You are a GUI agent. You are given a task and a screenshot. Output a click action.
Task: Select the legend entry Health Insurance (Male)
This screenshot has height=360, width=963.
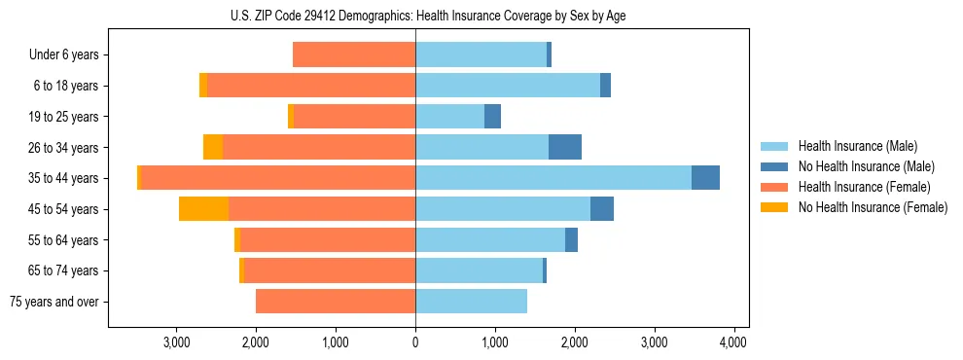pos(857,146)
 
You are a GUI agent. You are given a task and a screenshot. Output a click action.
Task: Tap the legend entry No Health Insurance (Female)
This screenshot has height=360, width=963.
pos(873,207)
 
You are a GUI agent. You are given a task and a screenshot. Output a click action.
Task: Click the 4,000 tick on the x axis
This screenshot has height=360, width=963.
pos(732,342)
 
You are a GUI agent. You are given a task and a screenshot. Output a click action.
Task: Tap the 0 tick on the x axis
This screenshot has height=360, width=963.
pos(415,342)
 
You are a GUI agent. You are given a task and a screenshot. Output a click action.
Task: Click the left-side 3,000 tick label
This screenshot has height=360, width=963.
pos(176,342)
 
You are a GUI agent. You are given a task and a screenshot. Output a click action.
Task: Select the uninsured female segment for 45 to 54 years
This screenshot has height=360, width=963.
pos(203,209)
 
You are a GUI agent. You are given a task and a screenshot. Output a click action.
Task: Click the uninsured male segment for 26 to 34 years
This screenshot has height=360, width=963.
pos(565,148)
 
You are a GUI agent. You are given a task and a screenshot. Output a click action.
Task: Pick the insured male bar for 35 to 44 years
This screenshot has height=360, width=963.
pos(553,178)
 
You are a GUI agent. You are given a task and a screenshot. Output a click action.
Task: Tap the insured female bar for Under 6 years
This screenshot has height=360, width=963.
pos(354,55)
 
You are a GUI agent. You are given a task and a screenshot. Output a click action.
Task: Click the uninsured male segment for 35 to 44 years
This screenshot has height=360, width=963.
pos(705,178)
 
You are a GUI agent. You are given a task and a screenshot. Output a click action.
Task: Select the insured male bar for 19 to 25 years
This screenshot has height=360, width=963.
pos(449,117)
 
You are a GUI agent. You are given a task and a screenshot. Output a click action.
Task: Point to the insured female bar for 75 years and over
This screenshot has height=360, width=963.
pos(336,302)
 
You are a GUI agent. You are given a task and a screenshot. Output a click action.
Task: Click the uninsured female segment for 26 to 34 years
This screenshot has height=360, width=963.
pos(213,148)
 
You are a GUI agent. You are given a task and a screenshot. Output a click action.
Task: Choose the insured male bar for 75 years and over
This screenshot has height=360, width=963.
pos(471,302)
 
